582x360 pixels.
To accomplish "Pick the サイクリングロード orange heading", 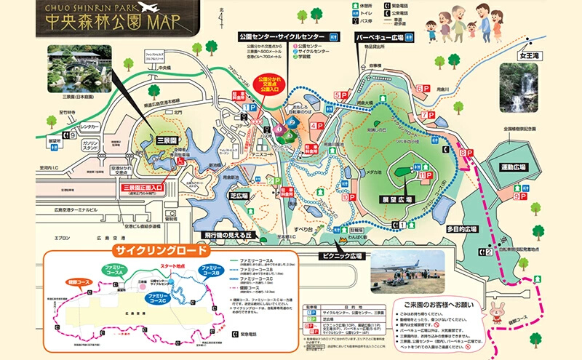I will point(159,251).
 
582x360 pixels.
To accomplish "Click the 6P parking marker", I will point(423,89).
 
